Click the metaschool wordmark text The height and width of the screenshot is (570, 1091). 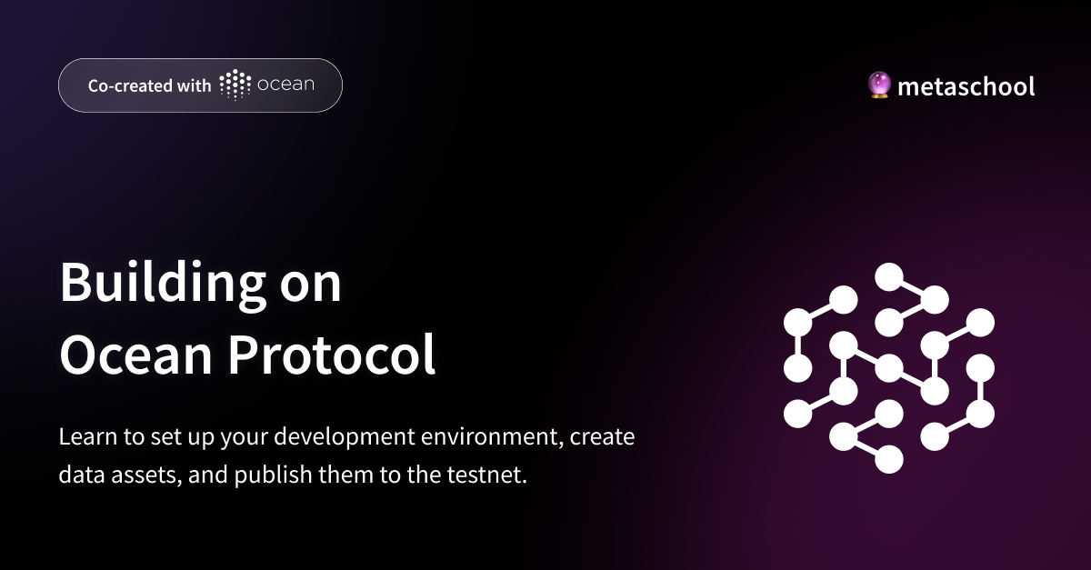966,86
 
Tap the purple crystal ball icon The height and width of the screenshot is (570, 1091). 879,85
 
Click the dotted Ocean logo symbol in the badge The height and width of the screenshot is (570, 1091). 235,85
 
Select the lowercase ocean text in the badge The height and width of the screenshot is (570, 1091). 285,85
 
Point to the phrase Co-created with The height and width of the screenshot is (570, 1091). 149,85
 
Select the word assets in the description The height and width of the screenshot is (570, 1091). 141,475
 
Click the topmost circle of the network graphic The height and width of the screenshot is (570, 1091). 888,275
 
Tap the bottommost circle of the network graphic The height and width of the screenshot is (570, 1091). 888,459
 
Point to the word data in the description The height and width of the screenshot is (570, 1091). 79,475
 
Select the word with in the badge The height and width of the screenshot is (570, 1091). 195,85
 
